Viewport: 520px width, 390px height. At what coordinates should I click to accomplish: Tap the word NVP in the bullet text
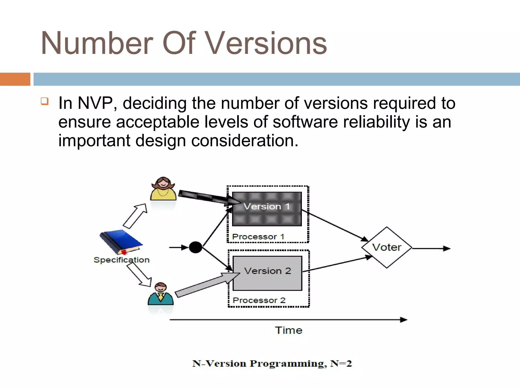click(x=95, y=103)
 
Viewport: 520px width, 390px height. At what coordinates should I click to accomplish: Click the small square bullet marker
click(x=44, y=101)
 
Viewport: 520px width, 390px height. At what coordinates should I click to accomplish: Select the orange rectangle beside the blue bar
click(x=15, y=79)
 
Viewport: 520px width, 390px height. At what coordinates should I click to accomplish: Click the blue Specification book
click(x=121, y=241)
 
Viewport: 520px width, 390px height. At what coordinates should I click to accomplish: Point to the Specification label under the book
click(x=121, y=260)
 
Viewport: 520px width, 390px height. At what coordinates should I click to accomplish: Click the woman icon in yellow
click(x=163, y=189)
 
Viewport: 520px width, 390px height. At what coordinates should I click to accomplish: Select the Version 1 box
click(x=267, y=209)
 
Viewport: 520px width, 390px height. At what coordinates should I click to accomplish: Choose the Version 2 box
click(x=267, y=273)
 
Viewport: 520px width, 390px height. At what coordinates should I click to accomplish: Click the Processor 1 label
click(x=258, y=237)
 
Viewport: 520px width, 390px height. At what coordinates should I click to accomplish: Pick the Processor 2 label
click(x=259, y=300)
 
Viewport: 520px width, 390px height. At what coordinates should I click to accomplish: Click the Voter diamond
click(x=386, y=248)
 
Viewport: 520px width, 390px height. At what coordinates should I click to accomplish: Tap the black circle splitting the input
click(x=196, y=247)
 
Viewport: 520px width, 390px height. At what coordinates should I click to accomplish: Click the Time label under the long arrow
click(x=289, y=330)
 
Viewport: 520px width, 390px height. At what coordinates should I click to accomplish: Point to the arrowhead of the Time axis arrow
click(x=404, y=320)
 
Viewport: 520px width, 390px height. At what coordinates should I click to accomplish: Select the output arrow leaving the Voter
click(x=432, y=248)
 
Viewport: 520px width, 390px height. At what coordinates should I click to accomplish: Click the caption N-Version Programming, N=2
click(x=272, y=364)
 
